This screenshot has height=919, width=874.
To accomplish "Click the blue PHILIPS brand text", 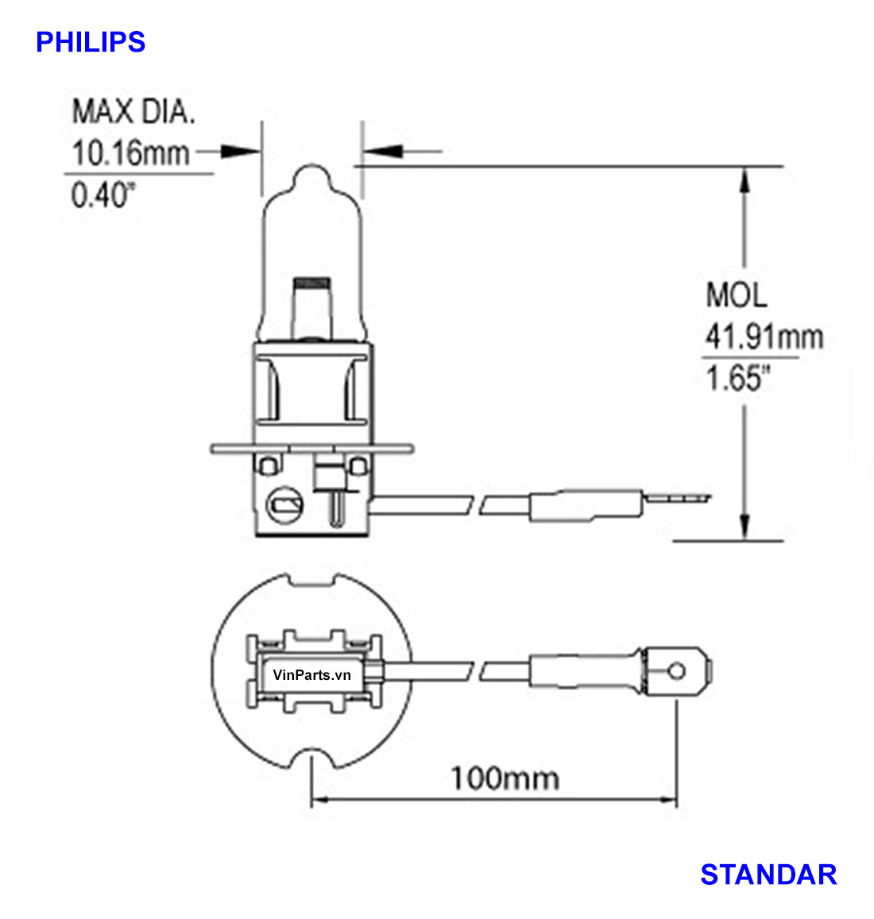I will (91, 42).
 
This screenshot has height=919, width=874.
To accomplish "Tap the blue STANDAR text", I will (768, 875).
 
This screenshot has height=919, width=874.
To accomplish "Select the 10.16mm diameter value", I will (130, 153).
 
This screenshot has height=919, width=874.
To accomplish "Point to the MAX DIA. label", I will (133, 112).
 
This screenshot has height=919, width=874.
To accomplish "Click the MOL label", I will (737, 295).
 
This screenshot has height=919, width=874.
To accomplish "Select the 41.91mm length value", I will (764, 337).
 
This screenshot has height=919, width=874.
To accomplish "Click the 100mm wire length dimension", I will (505, 778).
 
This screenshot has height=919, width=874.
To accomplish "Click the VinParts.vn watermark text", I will (311, 675).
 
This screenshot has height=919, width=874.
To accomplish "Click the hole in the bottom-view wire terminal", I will (676, 672).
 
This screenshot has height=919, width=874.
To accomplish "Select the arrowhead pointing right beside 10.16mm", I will (241, 151).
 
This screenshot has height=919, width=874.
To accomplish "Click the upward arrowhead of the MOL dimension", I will (744, 181).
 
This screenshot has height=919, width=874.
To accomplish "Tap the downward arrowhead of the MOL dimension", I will (744, 527).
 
